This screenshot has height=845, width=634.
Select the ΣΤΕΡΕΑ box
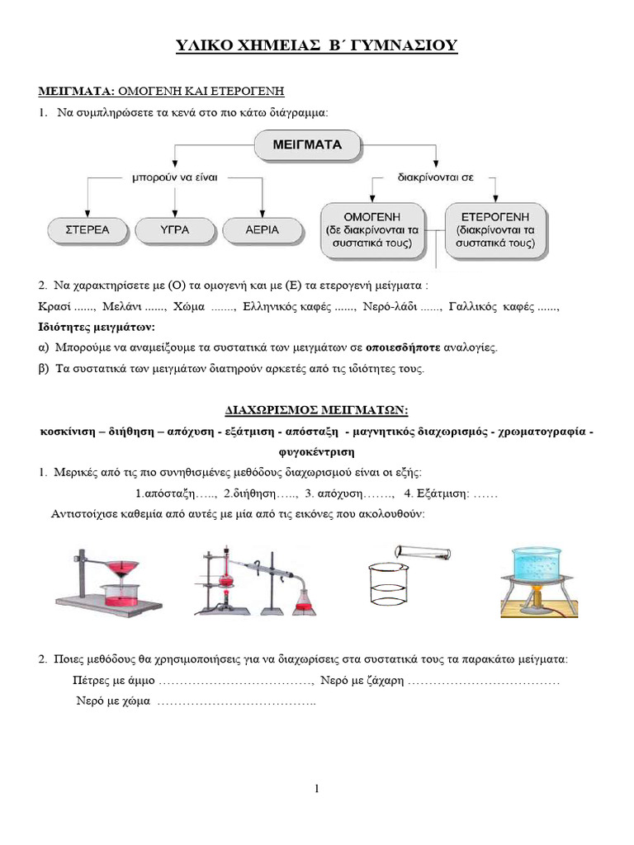coord(88,229)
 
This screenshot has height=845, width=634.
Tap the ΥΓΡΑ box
coord(174,229)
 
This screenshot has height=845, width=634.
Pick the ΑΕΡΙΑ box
coord(262,229)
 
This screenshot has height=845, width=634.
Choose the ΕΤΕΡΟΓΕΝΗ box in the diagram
coord(499,229)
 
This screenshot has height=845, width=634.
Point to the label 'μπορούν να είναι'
coord(174,176)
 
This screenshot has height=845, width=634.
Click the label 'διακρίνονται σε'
coord(435,176)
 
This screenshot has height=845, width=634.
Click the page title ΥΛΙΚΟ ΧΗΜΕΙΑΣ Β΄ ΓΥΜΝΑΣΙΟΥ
coord(317,47)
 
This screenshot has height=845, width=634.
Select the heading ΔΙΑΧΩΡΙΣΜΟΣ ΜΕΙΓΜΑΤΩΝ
coord(317,410)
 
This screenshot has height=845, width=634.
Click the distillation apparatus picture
coord(258,582)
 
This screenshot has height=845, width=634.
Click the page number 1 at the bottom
coord(317,789)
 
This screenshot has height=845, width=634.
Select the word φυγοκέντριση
coord(317,452)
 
